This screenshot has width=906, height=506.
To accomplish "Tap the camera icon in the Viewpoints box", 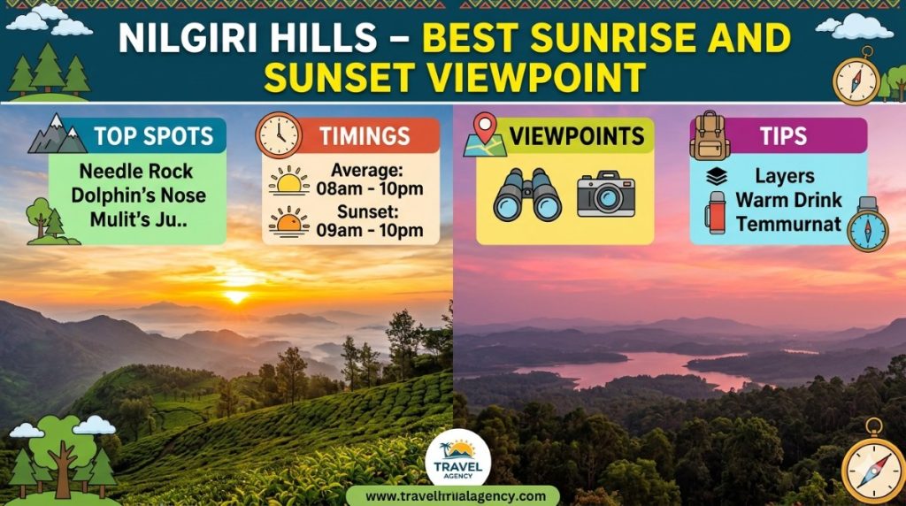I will pyautogui.click(x=606, y=194).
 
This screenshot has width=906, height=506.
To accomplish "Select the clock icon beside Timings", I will pyautogui.click(x=278, y=135).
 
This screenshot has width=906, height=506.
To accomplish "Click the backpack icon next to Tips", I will pyautogui.click(x=710, y=135).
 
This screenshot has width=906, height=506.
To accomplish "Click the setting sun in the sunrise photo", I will pyautogui.click(x=236, y=296).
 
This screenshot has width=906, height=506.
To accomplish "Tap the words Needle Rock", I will pyautogui.click(x=135, y=172).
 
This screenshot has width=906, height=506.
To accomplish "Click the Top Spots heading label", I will pyautogui.click(x=153, y=136).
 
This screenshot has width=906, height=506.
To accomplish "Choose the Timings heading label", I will pyautogui.click(x=365, y=136).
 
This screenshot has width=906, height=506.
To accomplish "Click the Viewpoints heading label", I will pyautogui.click(x=576, y=136).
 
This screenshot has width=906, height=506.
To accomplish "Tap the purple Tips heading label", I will pyautogui.click(x=783, y=136).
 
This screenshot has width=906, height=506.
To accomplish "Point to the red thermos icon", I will pyautogui.click(x=716, y=213).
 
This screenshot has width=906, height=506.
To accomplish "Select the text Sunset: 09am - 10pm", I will pyautogui.click(x=371, y=222).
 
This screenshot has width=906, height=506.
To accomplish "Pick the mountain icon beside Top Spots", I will pyautogui.click(x=58, y=134).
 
